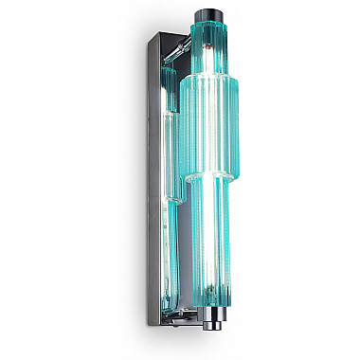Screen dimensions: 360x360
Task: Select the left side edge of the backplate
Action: pyautogui.click(x=143, y=189)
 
